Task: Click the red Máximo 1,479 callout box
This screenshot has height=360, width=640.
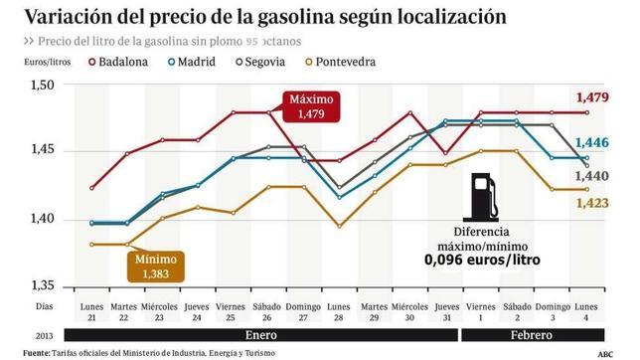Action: click(311, 107)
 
